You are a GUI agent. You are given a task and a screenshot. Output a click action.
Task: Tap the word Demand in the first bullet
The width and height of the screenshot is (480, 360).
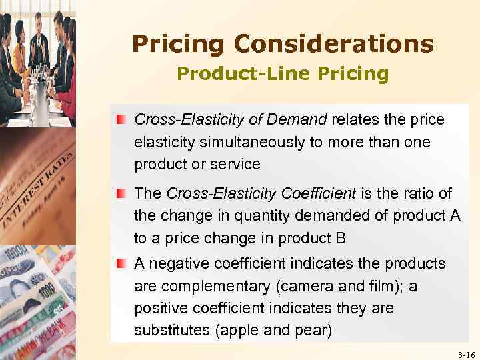pyautogui.click(x=299, y=120)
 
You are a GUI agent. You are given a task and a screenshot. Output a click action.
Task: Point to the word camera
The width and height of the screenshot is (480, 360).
pyautogui.click(x=305, y=287)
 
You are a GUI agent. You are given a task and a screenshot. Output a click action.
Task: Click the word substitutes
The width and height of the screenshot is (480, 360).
pyautogui.click(x=168, y=331)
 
